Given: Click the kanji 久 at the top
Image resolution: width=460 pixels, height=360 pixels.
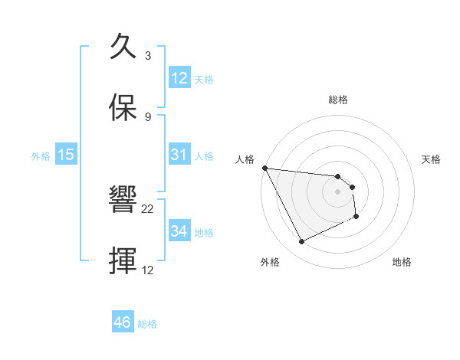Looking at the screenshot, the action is pos(123,47).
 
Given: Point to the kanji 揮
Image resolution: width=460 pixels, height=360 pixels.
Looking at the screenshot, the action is pos(123,262).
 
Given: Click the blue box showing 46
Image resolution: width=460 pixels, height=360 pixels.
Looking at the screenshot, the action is pos(123,322).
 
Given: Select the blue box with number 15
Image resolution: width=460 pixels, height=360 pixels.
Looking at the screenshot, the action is pos(66,155).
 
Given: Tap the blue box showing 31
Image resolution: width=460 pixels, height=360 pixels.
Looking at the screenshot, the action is pos(179,155).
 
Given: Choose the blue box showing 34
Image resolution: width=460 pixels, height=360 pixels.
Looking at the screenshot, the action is pos(179,231).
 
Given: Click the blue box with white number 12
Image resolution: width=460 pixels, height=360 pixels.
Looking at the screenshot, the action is pos(179,78).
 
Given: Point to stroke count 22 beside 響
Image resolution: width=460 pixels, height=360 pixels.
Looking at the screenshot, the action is pos(148,208).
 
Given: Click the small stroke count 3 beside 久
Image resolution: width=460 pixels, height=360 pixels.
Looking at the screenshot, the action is pos(148,56).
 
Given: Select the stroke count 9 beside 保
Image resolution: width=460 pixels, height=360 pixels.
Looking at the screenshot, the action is pos(148,116).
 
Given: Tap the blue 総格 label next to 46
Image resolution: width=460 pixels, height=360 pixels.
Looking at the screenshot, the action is pos(147,324).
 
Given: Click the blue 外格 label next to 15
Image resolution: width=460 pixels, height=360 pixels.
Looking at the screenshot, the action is pos(41,156).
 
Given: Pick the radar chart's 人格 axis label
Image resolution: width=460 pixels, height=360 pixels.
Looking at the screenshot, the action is pos(244,159).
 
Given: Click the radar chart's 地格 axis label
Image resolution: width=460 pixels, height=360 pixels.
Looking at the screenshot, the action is pos(402,263).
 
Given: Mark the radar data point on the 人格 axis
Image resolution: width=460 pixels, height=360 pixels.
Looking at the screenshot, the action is pos(264,168).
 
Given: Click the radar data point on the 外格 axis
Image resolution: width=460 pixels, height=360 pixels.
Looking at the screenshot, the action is pos(302,242).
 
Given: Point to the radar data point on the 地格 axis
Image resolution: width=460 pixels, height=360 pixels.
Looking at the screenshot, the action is pos(356,217).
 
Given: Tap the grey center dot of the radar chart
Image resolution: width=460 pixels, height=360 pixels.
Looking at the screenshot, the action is pos(337,191).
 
